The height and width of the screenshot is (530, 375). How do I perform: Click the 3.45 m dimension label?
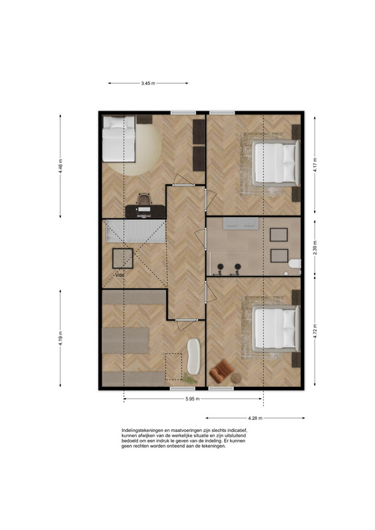point(148,83)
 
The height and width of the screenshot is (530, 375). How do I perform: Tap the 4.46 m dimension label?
point(60,166)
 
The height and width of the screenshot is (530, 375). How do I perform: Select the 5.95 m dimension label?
point(192,399)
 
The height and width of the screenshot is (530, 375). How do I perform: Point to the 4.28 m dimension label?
point(255,418)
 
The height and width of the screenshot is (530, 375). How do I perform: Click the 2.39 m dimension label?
point(315,247)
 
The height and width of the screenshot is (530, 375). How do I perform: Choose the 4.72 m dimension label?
point(315,331)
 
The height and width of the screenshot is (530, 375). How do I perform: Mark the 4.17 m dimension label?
point(315,165)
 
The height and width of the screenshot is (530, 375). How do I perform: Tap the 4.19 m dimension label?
point(60,338)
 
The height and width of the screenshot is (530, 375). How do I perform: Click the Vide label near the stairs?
point(120,275)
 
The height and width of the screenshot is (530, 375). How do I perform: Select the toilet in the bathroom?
point(295,264)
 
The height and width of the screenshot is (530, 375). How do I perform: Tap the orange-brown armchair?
point(221,371)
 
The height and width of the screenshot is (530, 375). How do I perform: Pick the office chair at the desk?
point(144,199)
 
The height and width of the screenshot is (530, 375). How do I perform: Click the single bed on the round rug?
point(119,138)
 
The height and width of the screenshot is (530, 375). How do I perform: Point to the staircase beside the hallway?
point(136,231)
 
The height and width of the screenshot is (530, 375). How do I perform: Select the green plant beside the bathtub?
point(189,379)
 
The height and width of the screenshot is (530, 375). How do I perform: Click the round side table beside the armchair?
point(236,378)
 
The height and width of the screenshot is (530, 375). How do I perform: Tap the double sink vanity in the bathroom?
point(241,224)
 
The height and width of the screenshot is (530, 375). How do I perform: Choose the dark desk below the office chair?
point(145,211)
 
